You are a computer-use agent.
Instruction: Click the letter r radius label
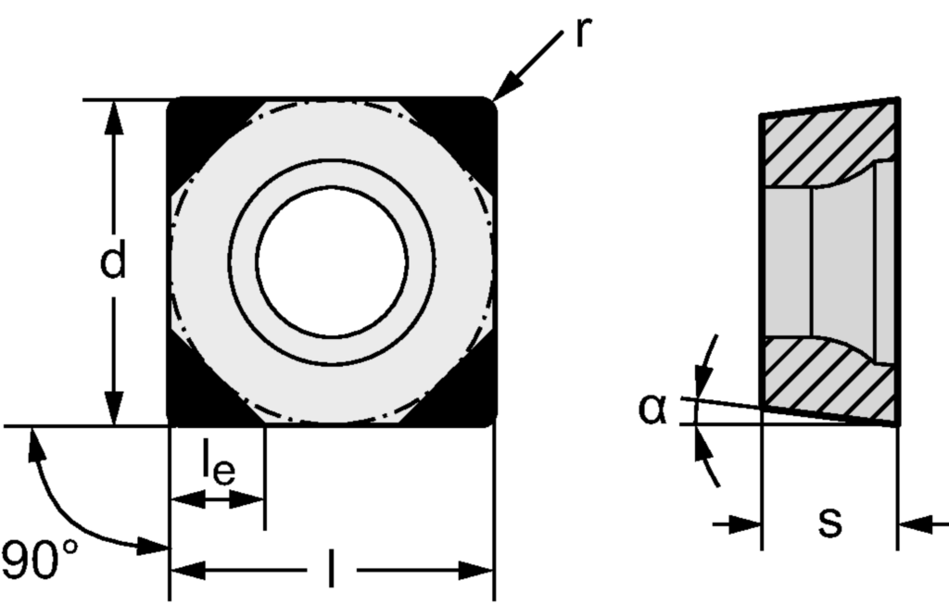[582, 32]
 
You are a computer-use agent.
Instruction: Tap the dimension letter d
[113, 263]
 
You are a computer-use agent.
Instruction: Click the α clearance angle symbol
[652, 409]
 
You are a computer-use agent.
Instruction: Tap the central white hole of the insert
[332, 261]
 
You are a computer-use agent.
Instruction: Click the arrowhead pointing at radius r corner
[503, 91]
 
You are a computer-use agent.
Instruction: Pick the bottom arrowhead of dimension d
[113, 411]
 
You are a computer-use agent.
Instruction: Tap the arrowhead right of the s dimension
[912, 525]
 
